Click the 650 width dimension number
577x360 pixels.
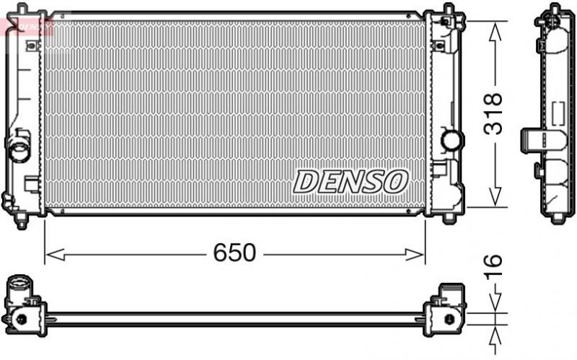click(234, 253)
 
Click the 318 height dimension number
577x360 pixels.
click(493, 113)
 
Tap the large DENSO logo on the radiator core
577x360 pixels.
click(351, 181)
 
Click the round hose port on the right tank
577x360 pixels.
click(452, 139)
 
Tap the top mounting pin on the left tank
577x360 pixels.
click(21, 8)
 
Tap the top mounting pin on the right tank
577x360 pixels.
click(449, 9)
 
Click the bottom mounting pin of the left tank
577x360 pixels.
click(21, 223)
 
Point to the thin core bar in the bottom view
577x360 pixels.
click(234, 317)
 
